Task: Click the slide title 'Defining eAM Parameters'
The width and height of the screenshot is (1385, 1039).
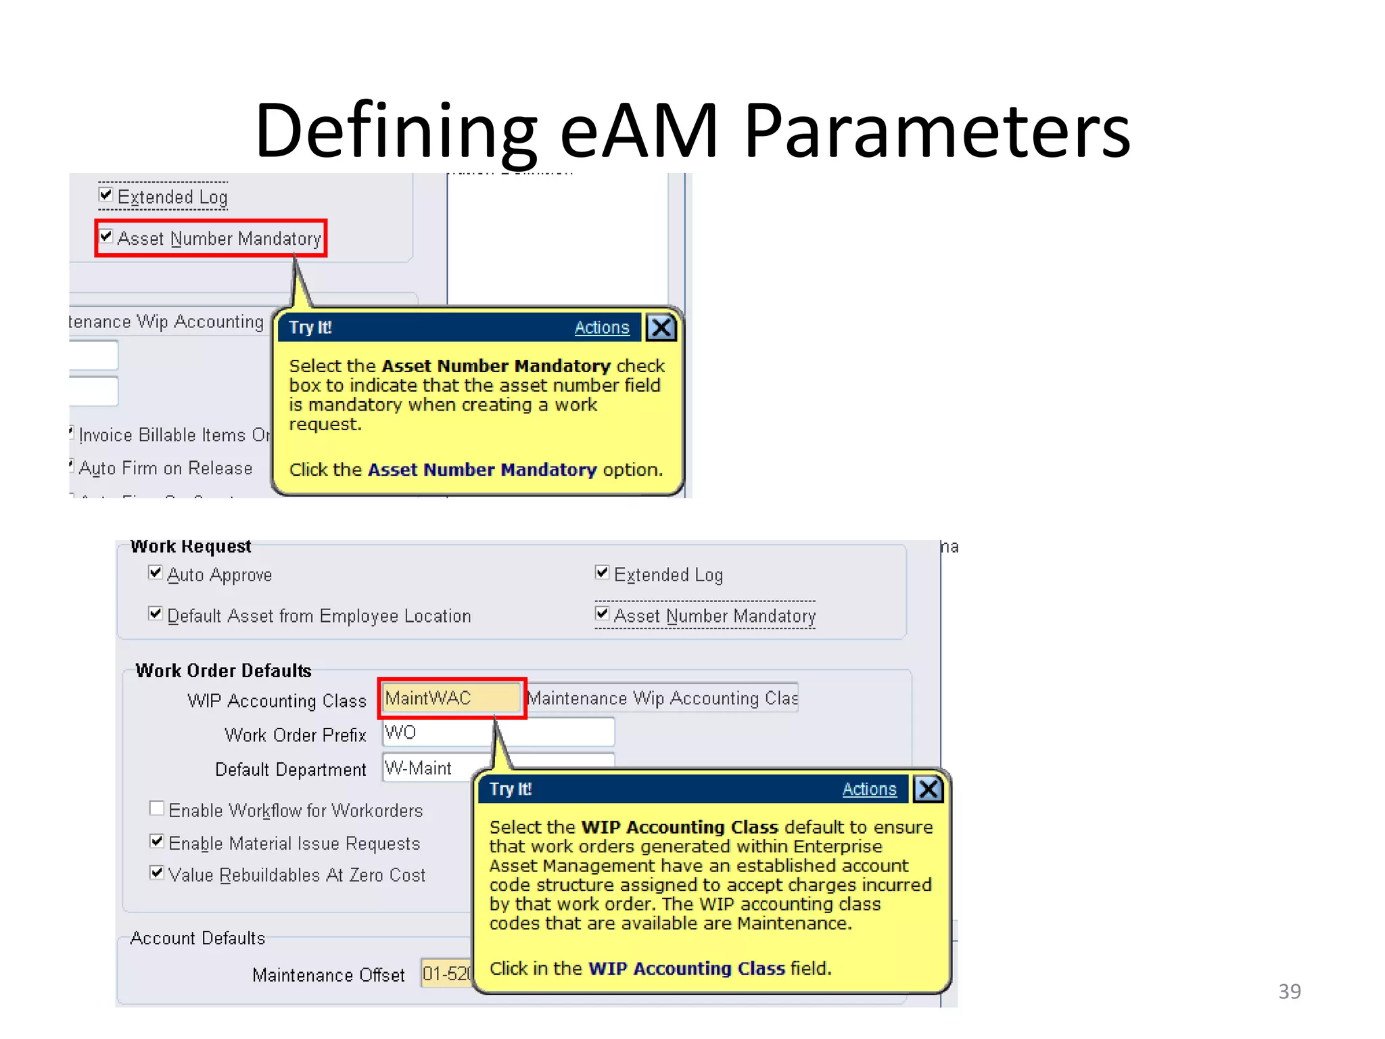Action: [692, 130]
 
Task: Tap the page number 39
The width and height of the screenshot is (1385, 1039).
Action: [1289, 991]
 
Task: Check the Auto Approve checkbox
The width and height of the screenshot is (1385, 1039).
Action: [156, 573]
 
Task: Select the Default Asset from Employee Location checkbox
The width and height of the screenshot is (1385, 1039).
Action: [156, 614]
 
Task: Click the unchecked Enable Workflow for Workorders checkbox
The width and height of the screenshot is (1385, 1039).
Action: [157, 808]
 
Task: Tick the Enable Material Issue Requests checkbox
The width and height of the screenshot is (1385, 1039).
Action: [157, 841]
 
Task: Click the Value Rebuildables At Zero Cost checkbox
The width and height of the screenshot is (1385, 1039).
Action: [157, 873]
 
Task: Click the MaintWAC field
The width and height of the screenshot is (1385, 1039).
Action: [451, 698]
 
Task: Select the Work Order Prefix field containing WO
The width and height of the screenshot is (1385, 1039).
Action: [498, 733]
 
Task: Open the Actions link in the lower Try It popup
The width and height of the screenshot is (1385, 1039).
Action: [869, 789]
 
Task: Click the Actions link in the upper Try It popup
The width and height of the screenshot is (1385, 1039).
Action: [602, 327]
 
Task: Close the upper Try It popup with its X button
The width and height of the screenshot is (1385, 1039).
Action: [661, 327]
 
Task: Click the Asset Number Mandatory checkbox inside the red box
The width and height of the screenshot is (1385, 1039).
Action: [106, 237]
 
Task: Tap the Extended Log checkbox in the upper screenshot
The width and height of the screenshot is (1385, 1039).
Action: [106, 195]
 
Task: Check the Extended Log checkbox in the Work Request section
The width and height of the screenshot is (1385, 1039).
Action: [602, 573]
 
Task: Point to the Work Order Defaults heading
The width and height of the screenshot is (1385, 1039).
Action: [223, 670]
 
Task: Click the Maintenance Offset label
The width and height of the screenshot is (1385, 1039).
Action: [328, 975]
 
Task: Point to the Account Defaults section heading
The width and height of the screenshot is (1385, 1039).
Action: [197, 938]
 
